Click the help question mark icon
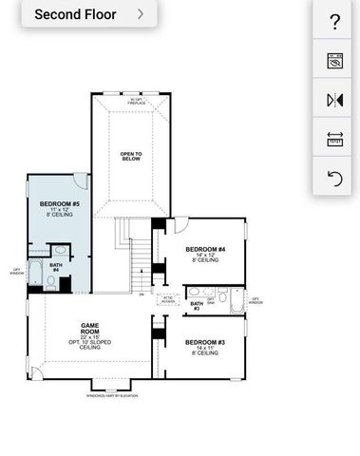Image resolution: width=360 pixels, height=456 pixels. tap(334, 22)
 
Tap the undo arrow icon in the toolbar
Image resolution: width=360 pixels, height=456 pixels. tap(334, 179)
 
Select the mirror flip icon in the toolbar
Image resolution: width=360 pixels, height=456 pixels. tap(334, 100)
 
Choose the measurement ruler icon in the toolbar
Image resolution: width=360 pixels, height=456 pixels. tap(334, 139)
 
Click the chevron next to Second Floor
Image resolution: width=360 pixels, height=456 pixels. tap(141, 14)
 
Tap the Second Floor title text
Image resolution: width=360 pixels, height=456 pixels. tap(75, 14)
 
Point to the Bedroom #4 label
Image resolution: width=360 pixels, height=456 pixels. tap(206, 254)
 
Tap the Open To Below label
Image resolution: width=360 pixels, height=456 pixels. tap(131, 157)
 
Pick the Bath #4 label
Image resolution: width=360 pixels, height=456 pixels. tap(56, 268)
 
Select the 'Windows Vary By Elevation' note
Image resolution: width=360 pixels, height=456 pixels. tap(112, 395)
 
